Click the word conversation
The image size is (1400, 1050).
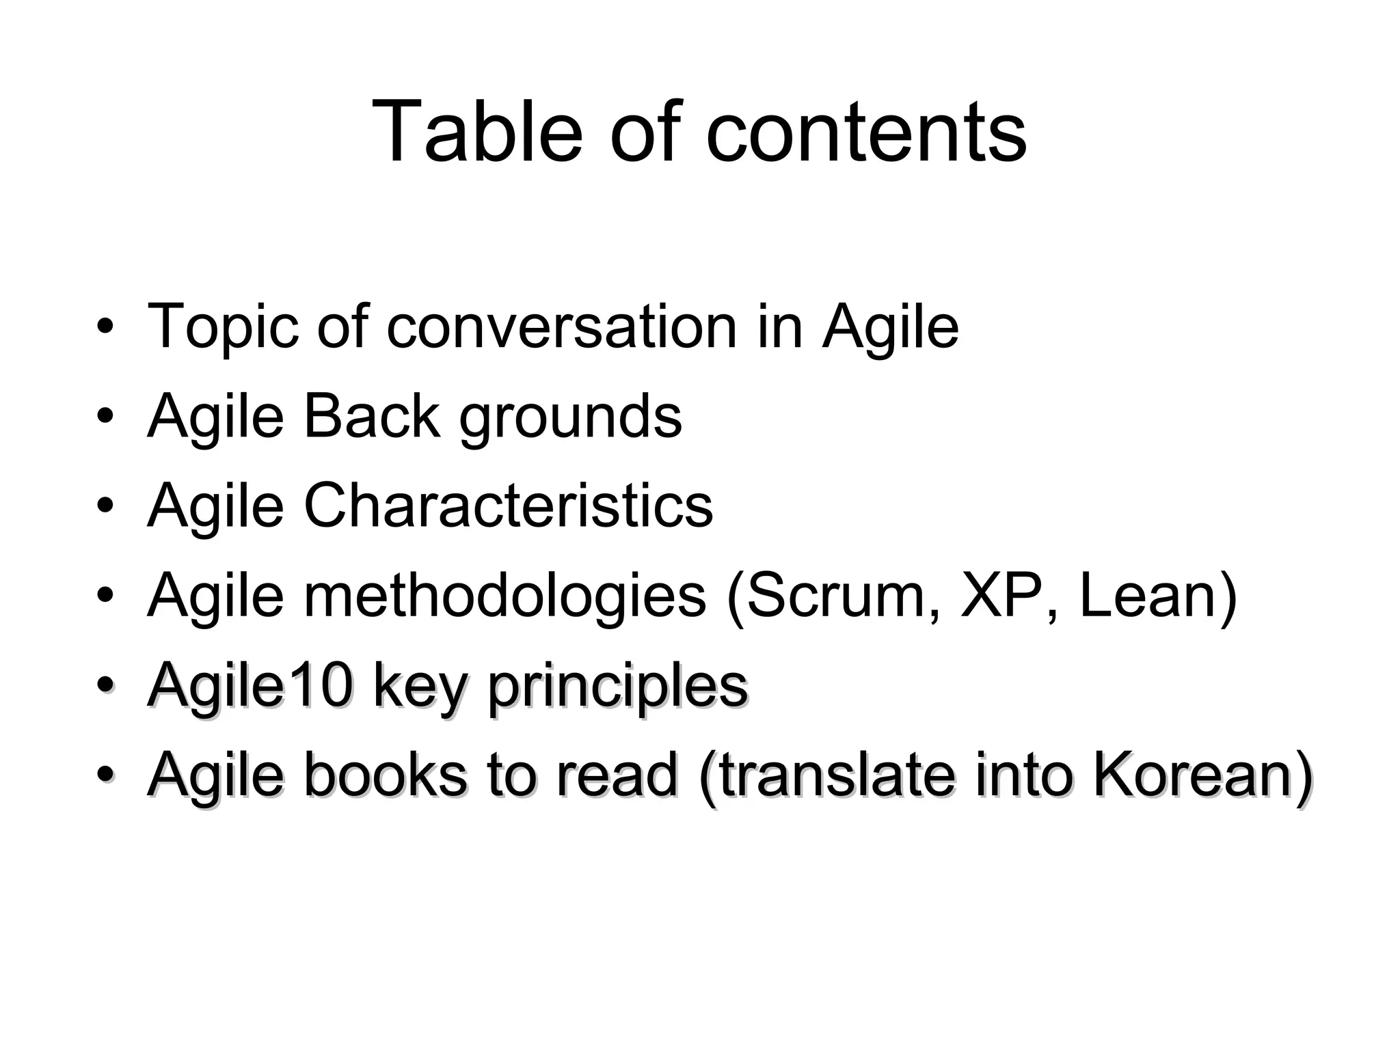coord(561,327)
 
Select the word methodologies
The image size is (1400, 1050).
coord(504,596)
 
